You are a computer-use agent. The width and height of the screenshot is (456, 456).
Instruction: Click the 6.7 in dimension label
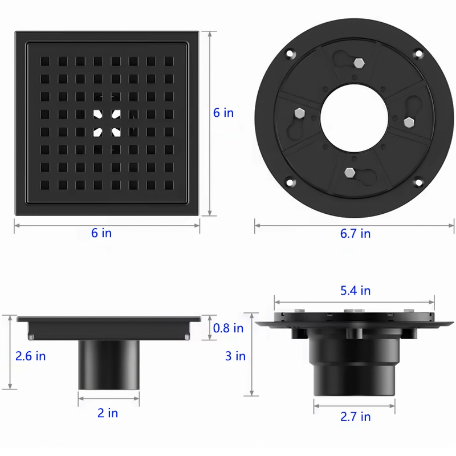click(355, 234)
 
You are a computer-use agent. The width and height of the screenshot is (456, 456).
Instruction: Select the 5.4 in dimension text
click(355, 291)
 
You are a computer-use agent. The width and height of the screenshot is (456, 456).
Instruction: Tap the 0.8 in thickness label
click(228, 328)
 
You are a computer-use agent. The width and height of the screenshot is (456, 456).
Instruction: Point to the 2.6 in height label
click(30, 356)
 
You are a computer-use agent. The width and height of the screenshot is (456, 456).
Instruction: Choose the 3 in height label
click(235, 356)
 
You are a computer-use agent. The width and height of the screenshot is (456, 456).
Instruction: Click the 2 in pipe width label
click(107, 413)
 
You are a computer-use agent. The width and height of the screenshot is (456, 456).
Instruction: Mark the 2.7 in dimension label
click(355, 417)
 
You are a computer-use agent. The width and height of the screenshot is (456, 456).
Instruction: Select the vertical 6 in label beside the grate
click(223, 113)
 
